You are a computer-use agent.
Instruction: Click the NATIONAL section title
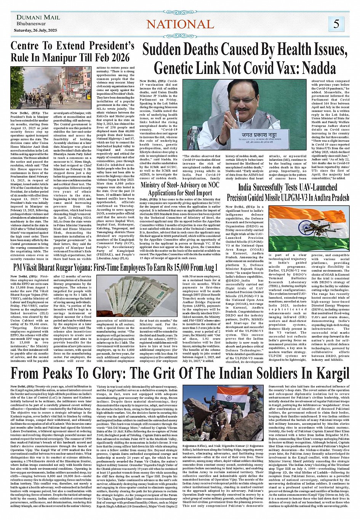coord(180,24)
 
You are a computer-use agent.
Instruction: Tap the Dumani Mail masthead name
coord(38,18)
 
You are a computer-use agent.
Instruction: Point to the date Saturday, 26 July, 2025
coord(35,30)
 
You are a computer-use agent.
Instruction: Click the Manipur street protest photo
coord(50,88)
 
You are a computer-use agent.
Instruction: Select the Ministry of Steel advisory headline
coord(180,189)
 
